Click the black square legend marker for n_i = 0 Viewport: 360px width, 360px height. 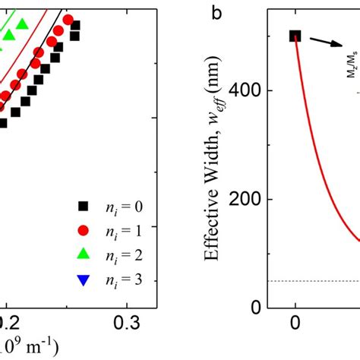point(84,205)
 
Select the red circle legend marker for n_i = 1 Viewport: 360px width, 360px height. point(84,229)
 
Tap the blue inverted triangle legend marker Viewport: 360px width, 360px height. point(84,279)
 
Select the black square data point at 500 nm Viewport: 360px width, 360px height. point(295,36)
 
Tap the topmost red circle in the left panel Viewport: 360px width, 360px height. point(68,20)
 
